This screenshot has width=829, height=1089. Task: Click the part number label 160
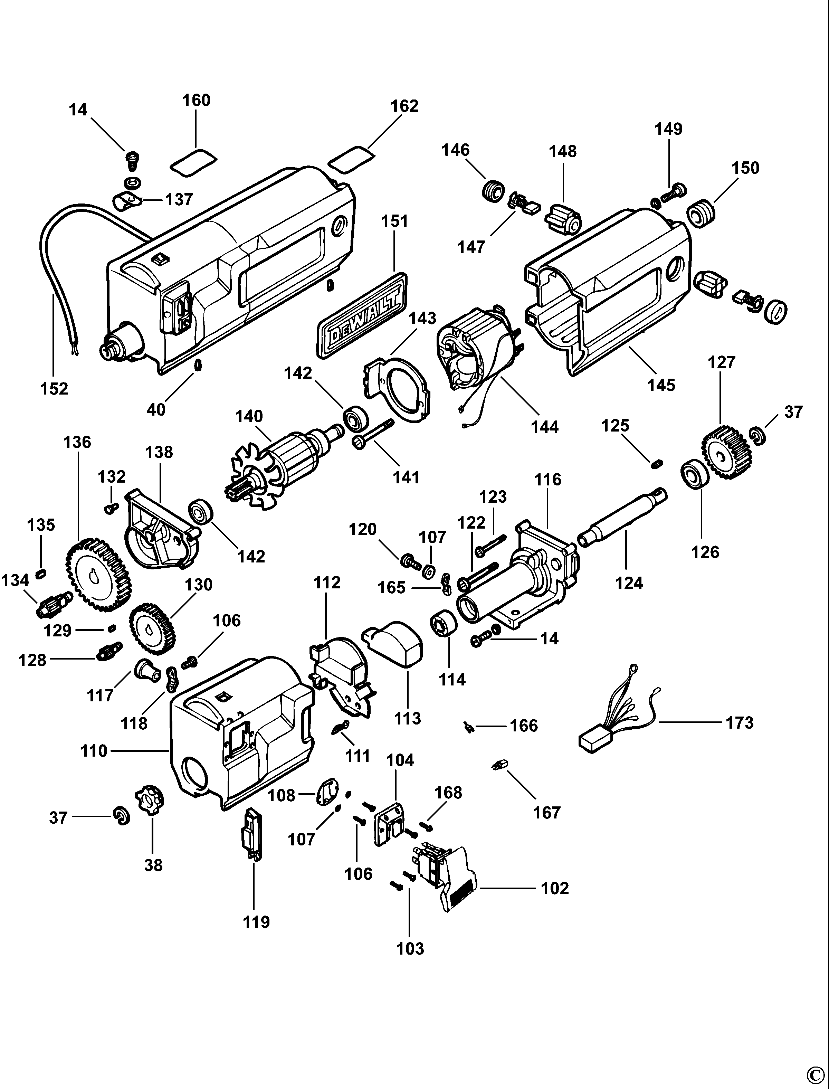point(197,100)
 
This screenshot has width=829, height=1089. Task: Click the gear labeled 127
point(726,454)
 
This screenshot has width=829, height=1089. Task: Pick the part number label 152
point(54,389)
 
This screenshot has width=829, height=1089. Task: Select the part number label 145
point(661,385)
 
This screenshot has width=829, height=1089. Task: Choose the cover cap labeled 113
point(395,644)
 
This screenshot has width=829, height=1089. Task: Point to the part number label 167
point(547,812)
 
